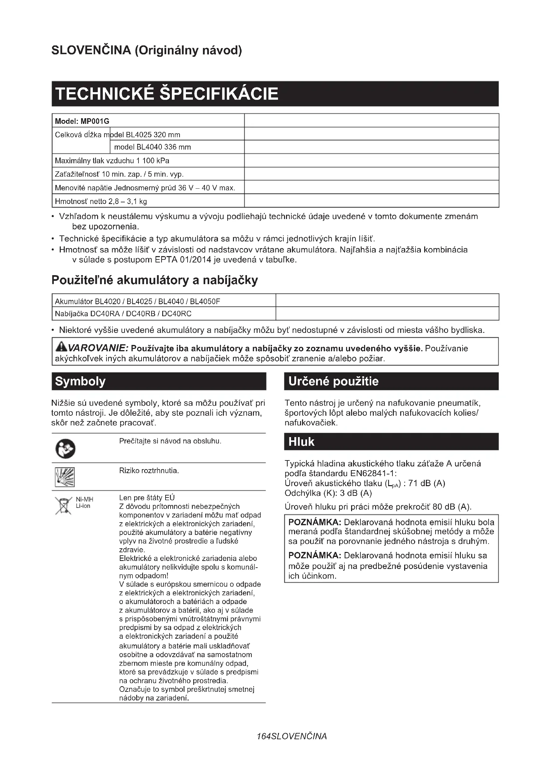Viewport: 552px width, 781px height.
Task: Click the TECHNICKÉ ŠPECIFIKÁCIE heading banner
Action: pyautogui.click(x=275, y=93)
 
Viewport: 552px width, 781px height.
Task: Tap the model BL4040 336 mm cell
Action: pyautogui.click(x=153, y=147)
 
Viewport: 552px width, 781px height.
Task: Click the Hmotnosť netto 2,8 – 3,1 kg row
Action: pyautogui.click(x=101, y=201)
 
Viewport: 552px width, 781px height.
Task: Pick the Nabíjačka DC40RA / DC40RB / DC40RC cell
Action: pyautogui.click(x=123, y=314)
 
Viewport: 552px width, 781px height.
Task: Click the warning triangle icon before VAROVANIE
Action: pyautogui.click(x=61, y=347)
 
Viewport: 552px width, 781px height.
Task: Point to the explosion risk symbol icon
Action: pyautogui.click(x=65, y=477)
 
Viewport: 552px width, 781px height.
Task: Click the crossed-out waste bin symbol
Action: pyautogui.click(x=63, y=506)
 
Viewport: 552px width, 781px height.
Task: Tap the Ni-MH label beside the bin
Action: pyautogui.click(x=84, y=499)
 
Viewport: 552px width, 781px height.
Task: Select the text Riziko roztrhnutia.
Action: pyautogui.click(x=149, y=471)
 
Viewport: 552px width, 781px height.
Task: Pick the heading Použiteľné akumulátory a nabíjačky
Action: pyautogui.click(x=155, y=280)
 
